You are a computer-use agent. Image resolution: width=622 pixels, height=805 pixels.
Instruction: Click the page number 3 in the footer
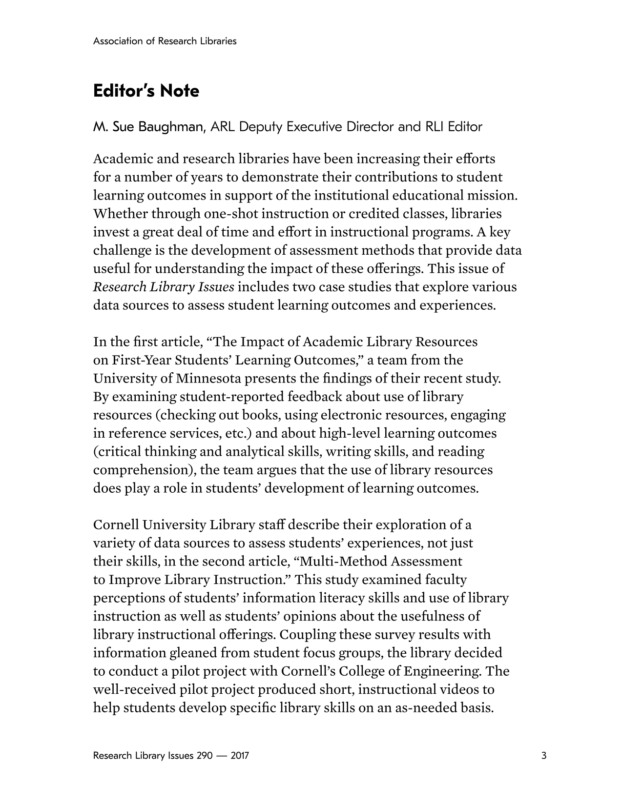click(x=544, y=756)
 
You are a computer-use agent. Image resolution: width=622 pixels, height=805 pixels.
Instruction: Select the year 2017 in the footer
click(x=240, y=756)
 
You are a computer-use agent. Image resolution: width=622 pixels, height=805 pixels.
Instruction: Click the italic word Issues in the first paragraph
click(x=216, y=287)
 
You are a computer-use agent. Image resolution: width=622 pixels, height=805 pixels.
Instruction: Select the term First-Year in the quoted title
click(x=141, y=360)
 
